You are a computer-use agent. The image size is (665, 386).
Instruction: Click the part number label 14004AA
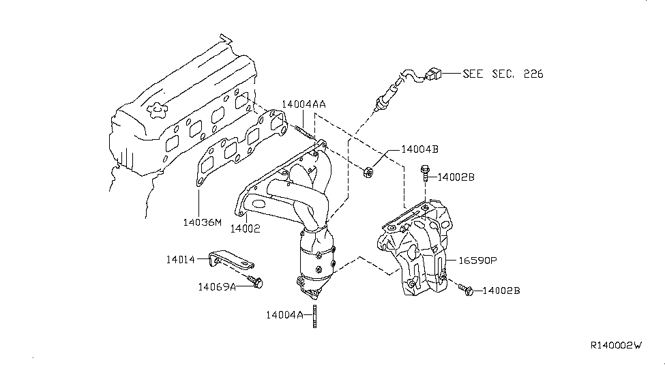[x=304, y=104]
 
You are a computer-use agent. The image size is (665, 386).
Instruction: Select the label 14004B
[x=420, y=149]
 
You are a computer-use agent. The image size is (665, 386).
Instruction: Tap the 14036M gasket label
[x=203, y=222]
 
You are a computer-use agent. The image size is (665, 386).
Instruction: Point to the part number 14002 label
[x=245, y=228]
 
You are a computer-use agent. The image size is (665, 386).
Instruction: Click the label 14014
[x=181, y=260]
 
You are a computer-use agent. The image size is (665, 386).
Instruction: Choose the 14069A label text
[x=217, y=287]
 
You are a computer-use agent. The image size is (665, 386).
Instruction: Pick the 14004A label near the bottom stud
[x=284, y=315]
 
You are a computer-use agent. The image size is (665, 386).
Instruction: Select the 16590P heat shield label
[x=477, y=261]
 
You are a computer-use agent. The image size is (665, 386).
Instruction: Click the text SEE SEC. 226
[x=503, y=74]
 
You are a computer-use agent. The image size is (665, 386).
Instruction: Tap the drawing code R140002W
[x=616, y=345]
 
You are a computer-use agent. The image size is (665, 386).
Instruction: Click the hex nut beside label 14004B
[x=368, y=173]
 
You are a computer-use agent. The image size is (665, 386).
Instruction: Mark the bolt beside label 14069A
[x=255, y=281]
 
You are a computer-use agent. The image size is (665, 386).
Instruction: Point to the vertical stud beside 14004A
[x=314, y=316]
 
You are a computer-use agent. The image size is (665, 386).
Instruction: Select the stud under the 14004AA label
[x=304, y=132]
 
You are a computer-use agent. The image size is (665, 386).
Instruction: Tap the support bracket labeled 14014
[x=231, y=258]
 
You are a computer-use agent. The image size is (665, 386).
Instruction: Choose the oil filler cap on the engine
[x=157, y=110]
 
